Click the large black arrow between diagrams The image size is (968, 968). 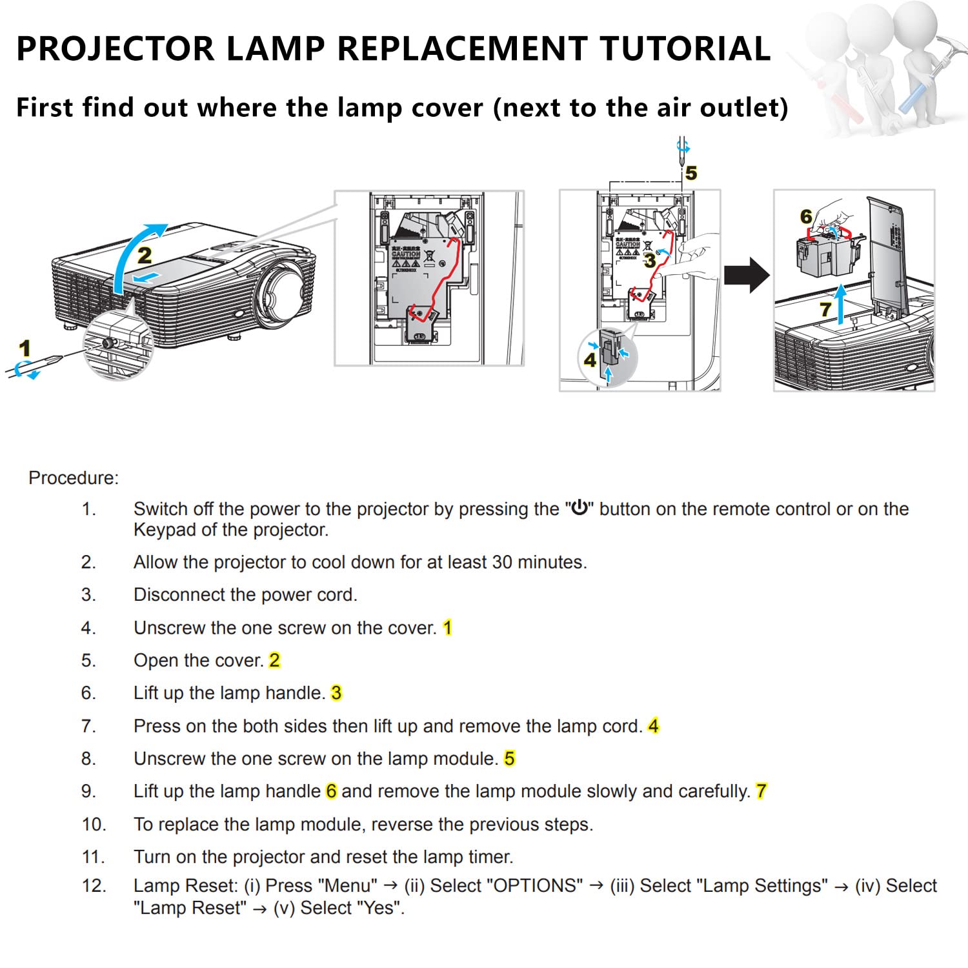click(x=747, y=275)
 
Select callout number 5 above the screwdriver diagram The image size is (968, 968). click(x=691, y=173)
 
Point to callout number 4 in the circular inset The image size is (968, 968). click(x=590, y=359)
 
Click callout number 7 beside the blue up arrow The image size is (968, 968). click(x=825, y=310)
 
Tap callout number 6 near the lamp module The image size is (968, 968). click(x=806, y=217)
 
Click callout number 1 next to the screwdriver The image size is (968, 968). click(x=25, y=349)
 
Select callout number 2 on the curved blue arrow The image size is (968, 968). click(x=145, y=256)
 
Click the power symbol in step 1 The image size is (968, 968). click(x=580, y=508)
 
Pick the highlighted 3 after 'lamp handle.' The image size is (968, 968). click(x=336, y=693)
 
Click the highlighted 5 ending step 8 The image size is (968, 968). click(x=509, y=758)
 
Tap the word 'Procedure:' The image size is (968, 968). click(x=74, y=478)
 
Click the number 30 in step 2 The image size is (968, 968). click(x=502, y=562)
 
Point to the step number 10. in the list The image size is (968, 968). click(x=94, y=824)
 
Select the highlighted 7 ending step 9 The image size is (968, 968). click(x=761, y=791)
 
